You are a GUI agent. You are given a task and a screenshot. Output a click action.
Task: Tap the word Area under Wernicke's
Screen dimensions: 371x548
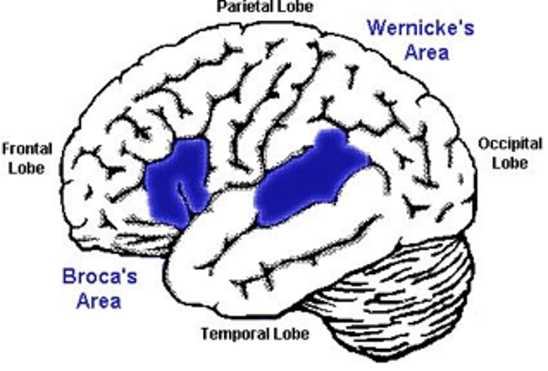tap(427, 54)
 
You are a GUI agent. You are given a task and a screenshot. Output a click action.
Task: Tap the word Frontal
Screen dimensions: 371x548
tap(28, 148)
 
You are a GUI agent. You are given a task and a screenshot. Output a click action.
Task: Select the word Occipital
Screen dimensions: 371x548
tap(510, 143)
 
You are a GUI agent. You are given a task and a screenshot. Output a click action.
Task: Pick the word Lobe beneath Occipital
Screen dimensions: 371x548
tap(507, 162)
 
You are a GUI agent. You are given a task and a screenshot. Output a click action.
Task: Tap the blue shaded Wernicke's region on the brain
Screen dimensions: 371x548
tap(306, 179)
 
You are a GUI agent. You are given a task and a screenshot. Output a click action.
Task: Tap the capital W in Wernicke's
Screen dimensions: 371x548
tap(376, 27)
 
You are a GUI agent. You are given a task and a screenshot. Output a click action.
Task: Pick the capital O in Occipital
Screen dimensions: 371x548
tap(483, 143)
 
